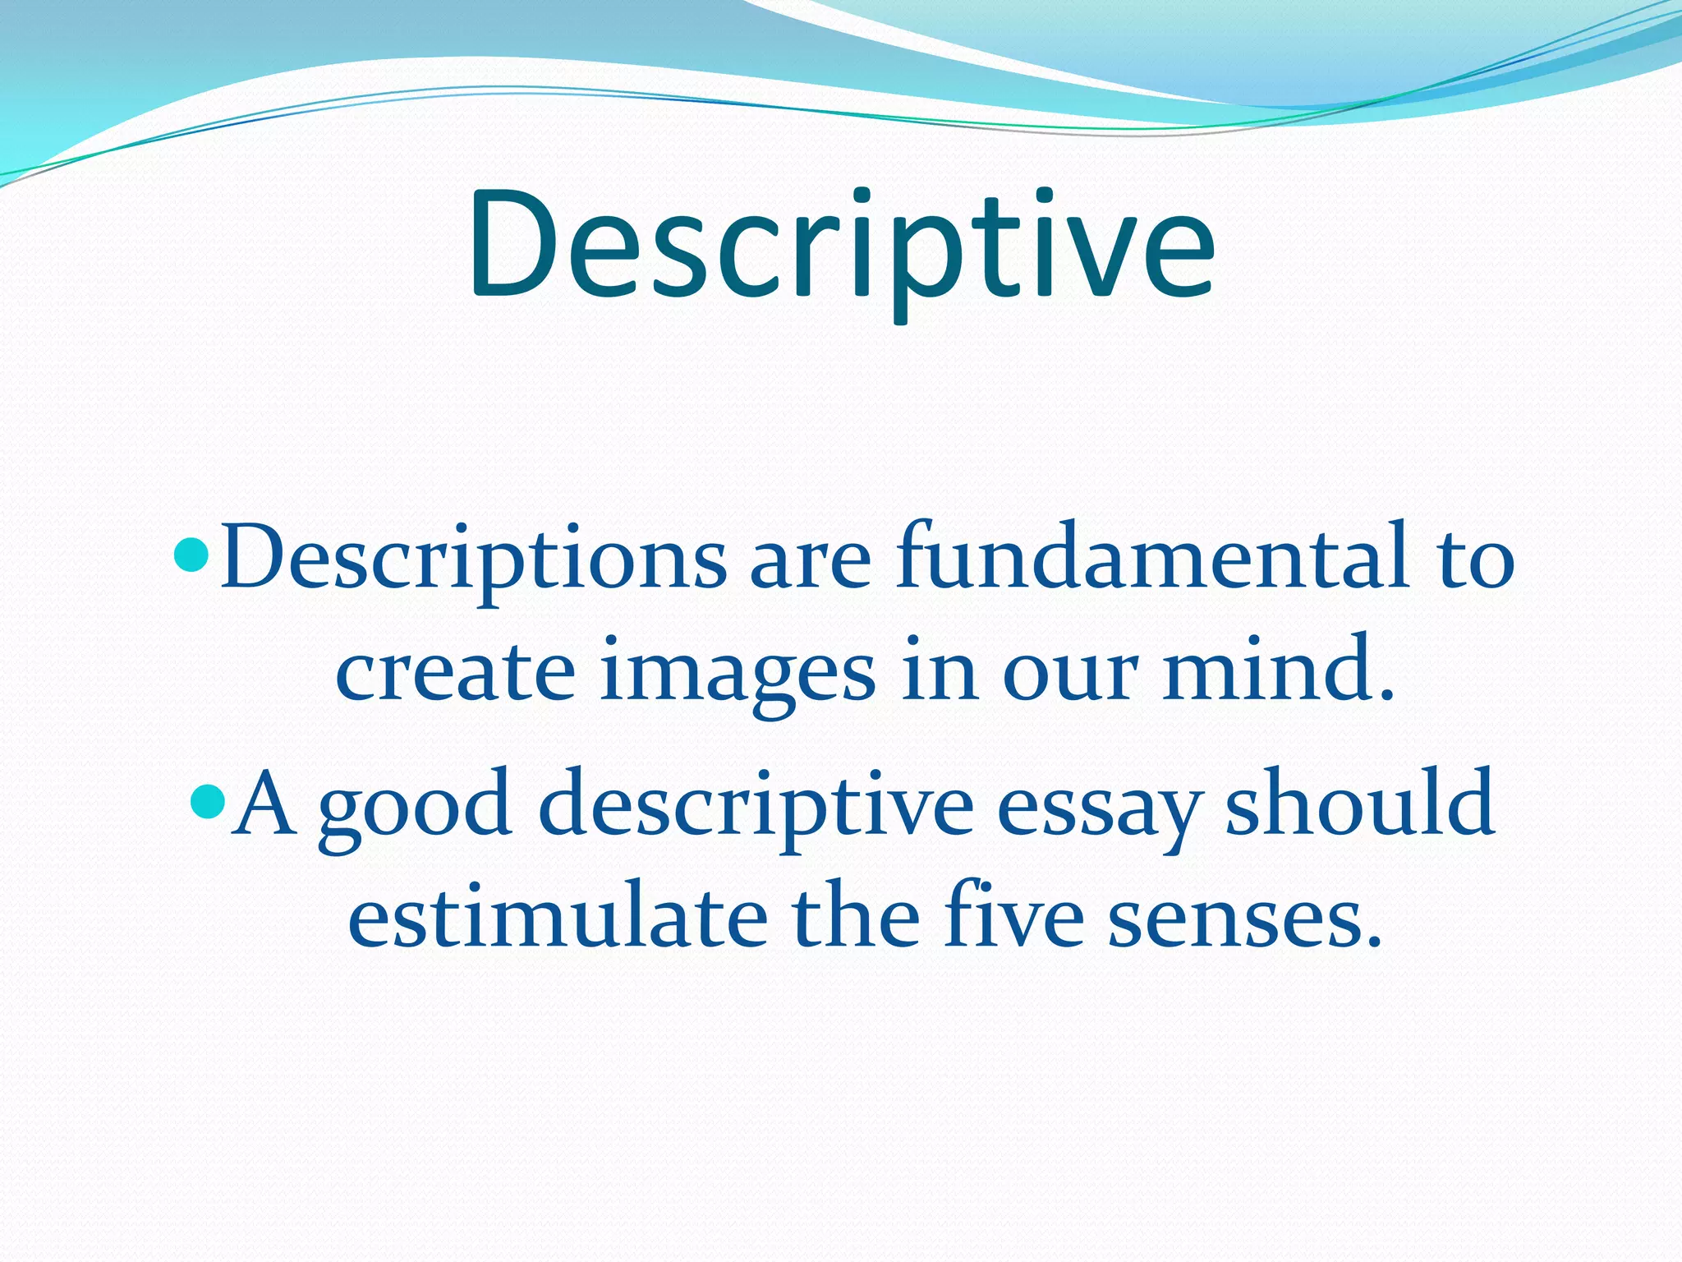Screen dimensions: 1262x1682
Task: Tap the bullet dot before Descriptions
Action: tap(194, 555)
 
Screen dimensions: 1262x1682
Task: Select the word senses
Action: tap(1244, 920)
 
